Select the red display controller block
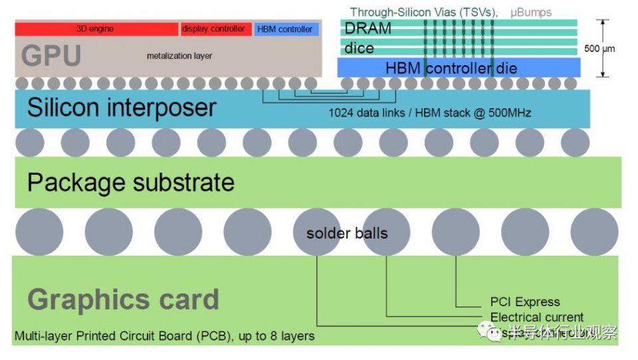pyautogui.click(x=215, y=29)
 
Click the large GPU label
pyautogui.click(x=51, y=56)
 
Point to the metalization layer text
pyautogui.click(x=179, y=56)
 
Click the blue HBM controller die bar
pyautogui.click(x=459, y=68)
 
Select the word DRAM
pyautogui.click(x=368, y=29)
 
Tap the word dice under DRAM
pyautogui.click(x=359, y=48)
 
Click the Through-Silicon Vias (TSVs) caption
pyautogui.click(x=425, y=12)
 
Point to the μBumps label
pyautogui.click(x=531, y=12)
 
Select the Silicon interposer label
pyautogui.click(x=122, y=108)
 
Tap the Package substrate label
pyautogui.click(x=131, y=182)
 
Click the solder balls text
pyautogui.click(x=347, y=233)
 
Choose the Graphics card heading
pyautogui.click(x=124, y=300)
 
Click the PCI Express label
pyautogui.click(x=525, y=302)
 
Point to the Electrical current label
pyautogui.click(x=537, y=317)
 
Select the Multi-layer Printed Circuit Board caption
pyautogui.click(x=164, y=336)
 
